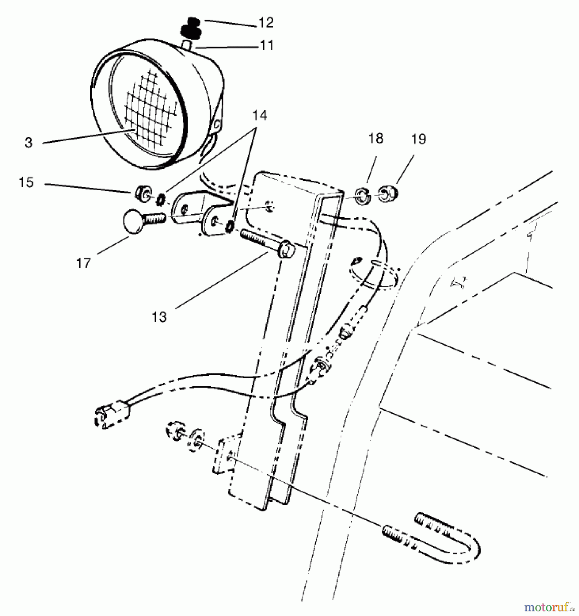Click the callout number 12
tap(266, 23)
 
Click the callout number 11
tap(266, 46)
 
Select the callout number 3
tap(29, 143)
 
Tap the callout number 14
tap(260, 115)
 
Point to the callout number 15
tap(26, 182)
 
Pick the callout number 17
tap(83, 263)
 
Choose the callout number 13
tap(159, 317)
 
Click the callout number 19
tap(419, 139)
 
